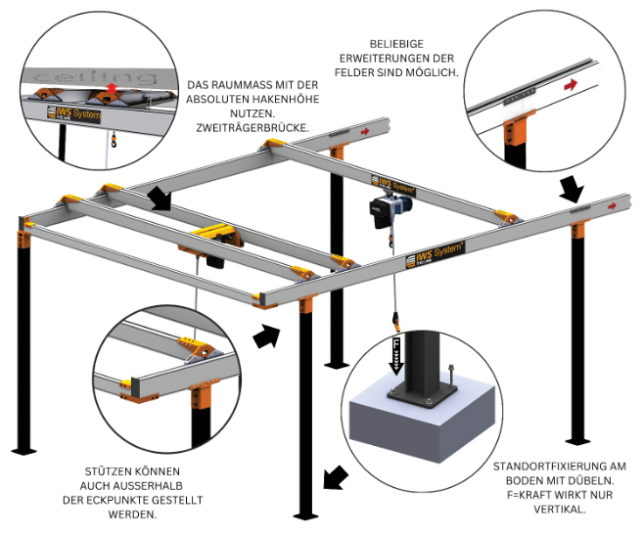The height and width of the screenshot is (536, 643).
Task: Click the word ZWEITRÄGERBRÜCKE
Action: pyautogui.click(x=253, y=128)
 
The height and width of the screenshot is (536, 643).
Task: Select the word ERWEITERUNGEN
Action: pyautogui.click(x=379, y=58)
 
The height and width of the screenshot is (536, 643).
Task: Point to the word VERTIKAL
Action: pyautogui.click(x=560, y=510)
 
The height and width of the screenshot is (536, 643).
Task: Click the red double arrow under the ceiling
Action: pyautogui.click(x=111, y=87)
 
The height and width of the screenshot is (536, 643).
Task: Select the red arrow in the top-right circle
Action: pyautogui.click(x=571, y=85)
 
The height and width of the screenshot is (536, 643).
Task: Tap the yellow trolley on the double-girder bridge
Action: pyautogui.click(x=213, y=235)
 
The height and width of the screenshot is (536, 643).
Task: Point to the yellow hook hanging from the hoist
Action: pyautogui.click(x=396, y=322)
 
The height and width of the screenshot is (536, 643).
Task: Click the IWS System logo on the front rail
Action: pyautogui.click(x=435, y=254)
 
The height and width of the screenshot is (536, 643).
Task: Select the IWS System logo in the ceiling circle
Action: pyautogui.click(x=73, y=113)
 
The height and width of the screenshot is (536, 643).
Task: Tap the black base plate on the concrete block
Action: pyautogui.click(x=422, y=394)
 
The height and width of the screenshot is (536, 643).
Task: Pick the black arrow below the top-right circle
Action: pyautogui.click(x=572, y=189)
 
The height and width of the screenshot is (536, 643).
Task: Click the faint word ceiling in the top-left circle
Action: pyautogui.click(x=96, y=77)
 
